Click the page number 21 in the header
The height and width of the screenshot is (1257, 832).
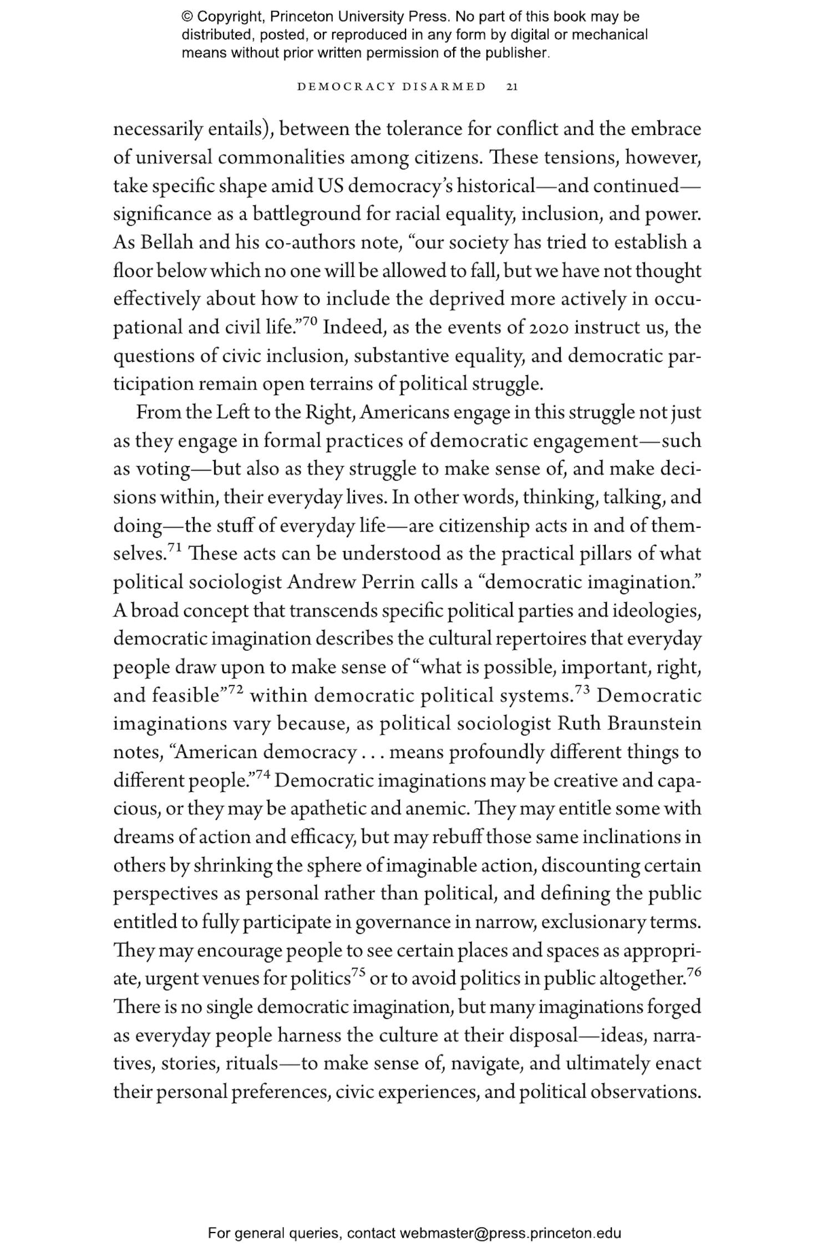click(512, 87)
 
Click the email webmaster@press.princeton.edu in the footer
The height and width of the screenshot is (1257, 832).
click(510, 1234)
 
